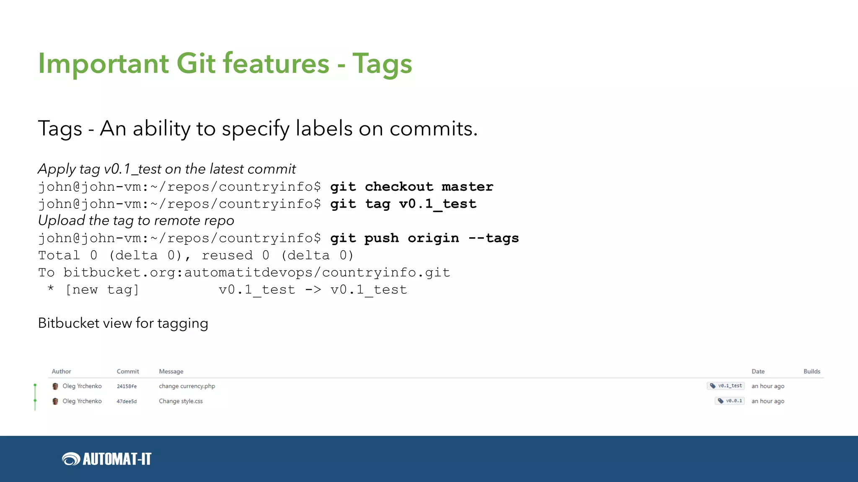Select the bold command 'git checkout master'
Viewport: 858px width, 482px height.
click(x=411, y=187)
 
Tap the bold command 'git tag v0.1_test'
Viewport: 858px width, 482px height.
click(x=403, y=204)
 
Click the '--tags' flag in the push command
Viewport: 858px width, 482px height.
click(x=494, y=238)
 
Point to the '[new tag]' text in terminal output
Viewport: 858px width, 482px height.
click(x=102, y=290)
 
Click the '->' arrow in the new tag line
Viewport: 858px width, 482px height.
click(x=313, y=290)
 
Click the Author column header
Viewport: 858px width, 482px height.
click(x=61, y=372)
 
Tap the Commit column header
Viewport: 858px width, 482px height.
click(x=128, y=372)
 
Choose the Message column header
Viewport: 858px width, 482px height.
click(x=171, y=372)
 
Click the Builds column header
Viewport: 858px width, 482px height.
click(x=811, y=372)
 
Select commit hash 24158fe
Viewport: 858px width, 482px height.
click(x=127, y=386)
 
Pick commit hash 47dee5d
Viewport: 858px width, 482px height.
click(x=127, y=401)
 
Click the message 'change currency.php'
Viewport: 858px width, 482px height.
click(x=187, y=386)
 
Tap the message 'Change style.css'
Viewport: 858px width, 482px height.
click(x=181, y=401)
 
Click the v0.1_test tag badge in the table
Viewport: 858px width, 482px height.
click(x=726, y=386)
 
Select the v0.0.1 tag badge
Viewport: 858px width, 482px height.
click(x=730, y=401)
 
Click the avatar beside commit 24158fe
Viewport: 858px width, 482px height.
click(x=55, y=386)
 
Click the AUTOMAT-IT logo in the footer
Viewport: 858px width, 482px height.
click(x=106, y=459)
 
